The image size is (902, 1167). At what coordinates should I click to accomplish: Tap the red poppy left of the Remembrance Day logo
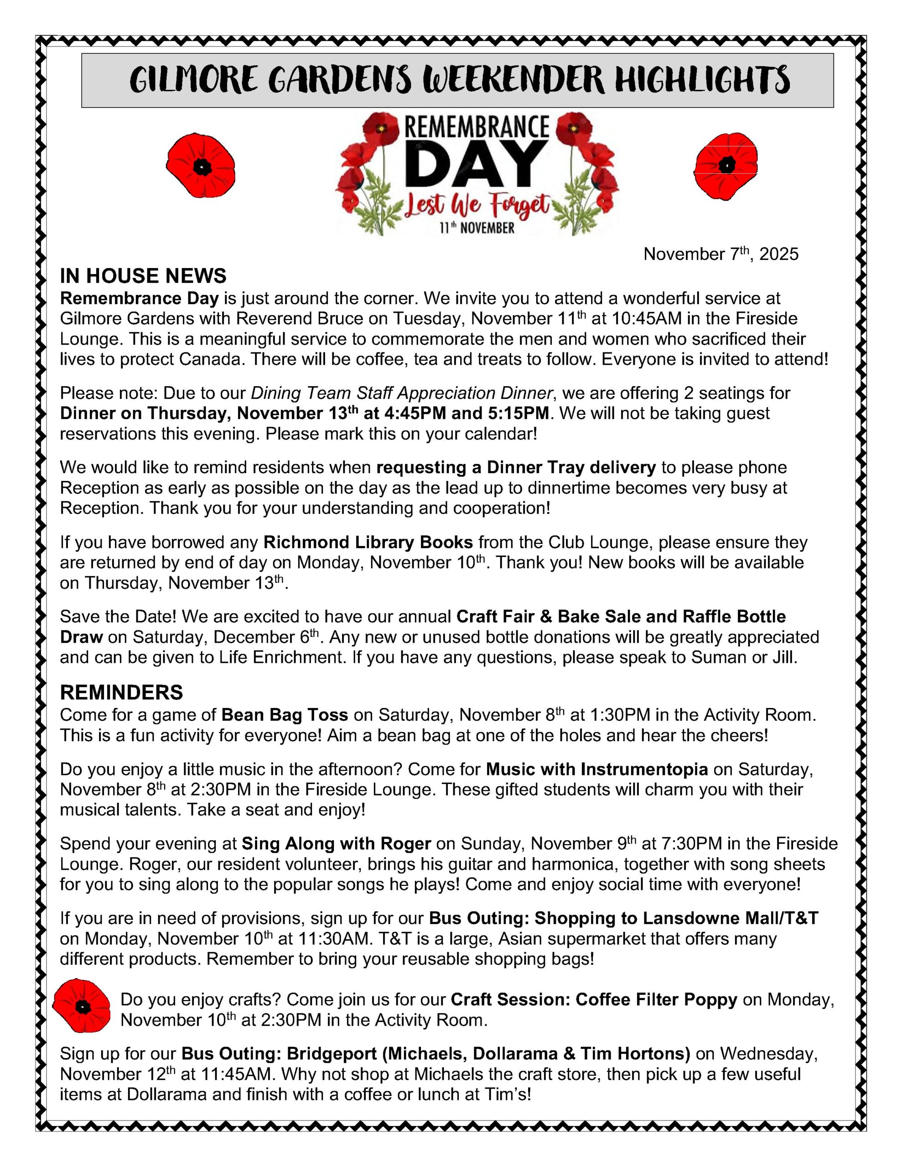point(201,166)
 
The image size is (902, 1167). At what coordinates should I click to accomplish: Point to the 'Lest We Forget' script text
point(477,206)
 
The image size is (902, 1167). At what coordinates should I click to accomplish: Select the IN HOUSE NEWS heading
point(143,276)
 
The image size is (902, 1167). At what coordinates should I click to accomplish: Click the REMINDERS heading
point(121,692)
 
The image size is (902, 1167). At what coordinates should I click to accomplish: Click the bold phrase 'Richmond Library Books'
point(368,542)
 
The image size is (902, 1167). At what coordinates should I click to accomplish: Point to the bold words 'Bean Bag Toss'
point(285,715)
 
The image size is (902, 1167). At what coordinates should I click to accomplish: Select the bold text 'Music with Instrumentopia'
point(597,769)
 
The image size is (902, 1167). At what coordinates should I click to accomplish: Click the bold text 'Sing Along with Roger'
point(336,844)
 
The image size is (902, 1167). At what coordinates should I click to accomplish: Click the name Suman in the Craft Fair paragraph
point(719,657)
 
